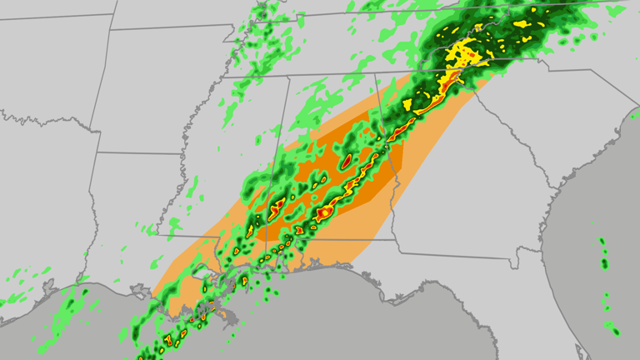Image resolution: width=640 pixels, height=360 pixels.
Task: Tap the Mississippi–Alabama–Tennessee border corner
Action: click(288, 77)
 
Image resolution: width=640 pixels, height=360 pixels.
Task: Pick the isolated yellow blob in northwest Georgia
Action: click(407, 105)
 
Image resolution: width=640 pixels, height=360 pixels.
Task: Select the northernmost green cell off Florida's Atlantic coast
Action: click(602, 242)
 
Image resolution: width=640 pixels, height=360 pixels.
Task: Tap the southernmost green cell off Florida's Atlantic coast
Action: click(615, 332)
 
